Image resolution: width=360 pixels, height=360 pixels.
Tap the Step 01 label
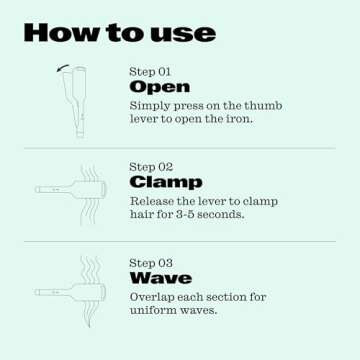coord(150,72)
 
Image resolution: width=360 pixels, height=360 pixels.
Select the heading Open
coord(160,87)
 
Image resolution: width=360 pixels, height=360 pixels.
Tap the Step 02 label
coord(150,167)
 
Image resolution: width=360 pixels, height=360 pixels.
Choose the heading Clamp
coord(165,182)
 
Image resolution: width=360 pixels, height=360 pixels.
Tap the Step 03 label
coord(150,263)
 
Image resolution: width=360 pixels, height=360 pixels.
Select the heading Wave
coord(160,278)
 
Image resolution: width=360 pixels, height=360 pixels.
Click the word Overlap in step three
coord(154,297)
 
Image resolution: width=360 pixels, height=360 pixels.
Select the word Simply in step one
coord(152,104)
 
